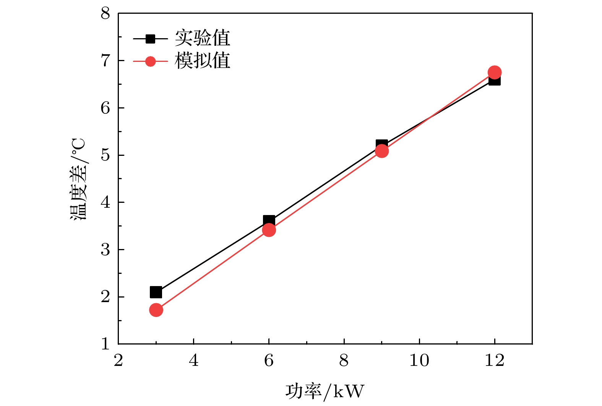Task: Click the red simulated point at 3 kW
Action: click(156, 310)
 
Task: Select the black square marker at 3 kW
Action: click(156, 292)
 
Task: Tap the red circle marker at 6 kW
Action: click(269, 230)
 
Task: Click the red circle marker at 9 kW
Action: click(382, 151)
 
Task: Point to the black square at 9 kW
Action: click(382, 144)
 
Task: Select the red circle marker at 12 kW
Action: click(495, 72)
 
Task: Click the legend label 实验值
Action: click(203, 38)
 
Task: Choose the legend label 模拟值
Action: click(203, 61)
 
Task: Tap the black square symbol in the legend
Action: click(151, 39)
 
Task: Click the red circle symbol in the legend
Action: click(151, 61)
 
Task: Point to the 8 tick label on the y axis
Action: click(105, 14)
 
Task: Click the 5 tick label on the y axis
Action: click(105, 155)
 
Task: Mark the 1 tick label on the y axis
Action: click(105, 344)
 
